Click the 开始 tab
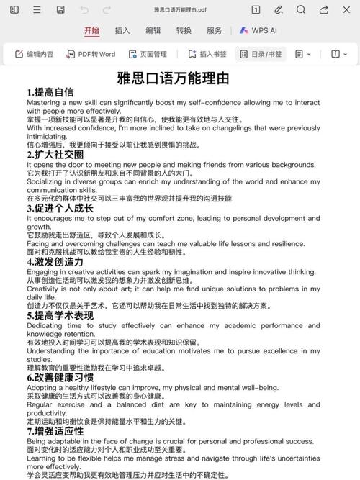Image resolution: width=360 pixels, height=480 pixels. click(91, 31)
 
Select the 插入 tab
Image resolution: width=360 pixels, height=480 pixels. click(122, 31)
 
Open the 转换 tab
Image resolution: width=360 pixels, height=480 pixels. click(184, 31)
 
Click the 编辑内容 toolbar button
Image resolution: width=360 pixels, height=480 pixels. click(35, 54)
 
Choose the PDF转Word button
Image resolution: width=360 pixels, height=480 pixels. click(91, 54)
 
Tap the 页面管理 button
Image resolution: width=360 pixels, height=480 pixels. click(148, 54)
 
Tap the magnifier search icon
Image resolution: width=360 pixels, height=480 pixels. click(302, 9)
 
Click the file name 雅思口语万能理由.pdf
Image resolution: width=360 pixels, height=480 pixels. click(179, 10)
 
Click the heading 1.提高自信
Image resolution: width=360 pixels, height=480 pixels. click(50, 92)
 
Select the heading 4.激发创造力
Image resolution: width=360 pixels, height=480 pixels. click(55, 262)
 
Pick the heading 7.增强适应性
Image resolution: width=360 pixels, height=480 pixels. click(55, 431)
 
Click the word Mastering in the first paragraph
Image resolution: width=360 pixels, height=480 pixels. click(45, 102)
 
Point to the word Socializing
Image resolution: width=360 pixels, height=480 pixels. click(45, 182)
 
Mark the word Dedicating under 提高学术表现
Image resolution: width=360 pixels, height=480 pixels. click(45, 325)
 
